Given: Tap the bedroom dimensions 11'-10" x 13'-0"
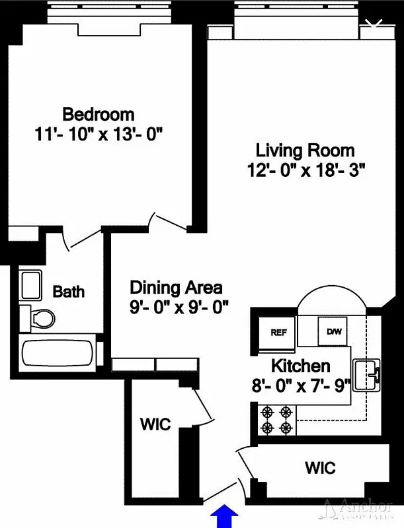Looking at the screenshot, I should point(99,135).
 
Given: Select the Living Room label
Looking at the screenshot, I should point(305,150).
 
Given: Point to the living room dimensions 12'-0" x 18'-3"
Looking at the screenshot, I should point(305,171).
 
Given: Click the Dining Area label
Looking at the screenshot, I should point(176,288).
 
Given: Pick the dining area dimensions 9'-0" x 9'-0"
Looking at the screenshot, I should point(176,308).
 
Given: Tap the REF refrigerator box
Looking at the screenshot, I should point(278,332).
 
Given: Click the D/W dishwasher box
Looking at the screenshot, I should point(333,331).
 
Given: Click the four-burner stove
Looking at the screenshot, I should point(277,420).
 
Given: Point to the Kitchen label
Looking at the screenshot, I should point(301,366).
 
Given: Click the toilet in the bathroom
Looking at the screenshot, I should point(38,319).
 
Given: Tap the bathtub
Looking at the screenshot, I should point(57,355).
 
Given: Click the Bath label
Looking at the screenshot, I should point(69,291).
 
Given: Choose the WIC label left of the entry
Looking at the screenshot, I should point(155,424).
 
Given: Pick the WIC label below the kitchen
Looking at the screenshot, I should point(320,469).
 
